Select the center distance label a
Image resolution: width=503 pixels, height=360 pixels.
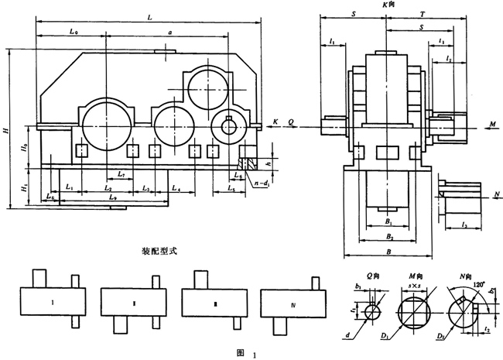click(x=169, y=32)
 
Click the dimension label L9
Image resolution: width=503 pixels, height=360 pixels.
click(x=113, y=198)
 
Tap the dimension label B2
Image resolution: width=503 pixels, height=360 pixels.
click(x=389, y=236)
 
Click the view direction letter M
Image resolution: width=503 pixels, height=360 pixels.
click(x=492, y=123)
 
